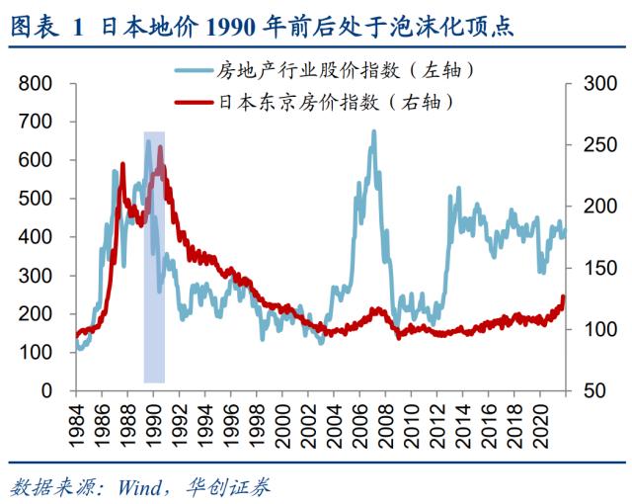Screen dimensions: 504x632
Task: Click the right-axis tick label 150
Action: click(x=594, y=268)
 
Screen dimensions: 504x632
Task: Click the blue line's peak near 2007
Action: click(x=373, y=131)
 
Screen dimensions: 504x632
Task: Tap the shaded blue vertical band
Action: click(x=154, y=296)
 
